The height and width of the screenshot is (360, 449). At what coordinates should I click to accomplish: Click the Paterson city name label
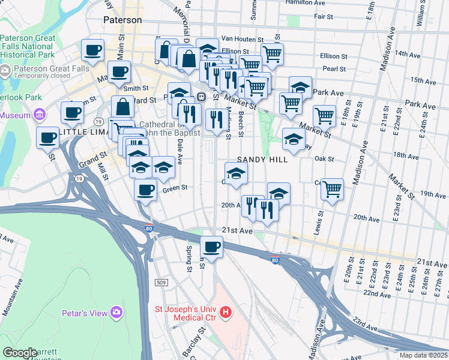pos(122,20)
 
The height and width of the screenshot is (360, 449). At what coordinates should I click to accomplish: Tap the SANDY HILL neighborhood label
pos(262,160)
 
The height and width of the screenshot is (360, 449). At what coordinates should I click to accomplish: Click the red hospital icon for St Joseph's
pos(226,312)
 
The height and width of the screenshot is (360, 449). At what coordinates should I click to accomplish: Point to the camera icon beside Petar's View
pos(116,313)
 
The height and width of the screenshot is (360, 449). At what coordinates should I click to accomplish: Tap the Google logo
pos(20,353)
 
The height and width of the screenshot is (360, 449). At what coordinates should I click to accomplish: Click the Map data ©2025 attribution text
pos(423,355)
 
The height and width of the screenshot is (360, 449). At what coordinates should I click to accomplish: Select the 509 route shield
pos(160,282)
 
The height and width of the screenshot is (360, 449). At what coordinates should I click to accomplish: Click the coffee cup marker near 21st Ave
pos(211,246)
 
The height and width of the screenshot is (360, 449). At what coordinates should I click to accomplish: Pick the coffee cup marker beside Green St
pos(145,191)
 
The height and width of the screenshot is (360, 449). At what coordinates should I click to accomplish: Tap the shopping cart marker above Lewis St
pos(332,189)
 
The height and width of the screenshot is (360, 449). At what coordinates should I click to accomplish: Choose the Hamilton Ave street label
pos(306,3)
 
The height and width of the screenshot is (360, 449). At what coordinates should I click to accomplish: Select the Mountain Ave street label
pos(17,307)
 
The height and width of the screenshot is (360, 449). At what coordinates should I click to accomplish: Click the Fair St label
pos(323,16)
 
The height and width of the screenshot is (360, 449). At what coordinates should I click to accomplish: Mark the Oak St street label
pos(324,160)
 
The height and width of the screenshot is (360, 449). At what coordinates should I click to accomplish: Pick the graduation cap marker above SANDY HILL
pos(294,139)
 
